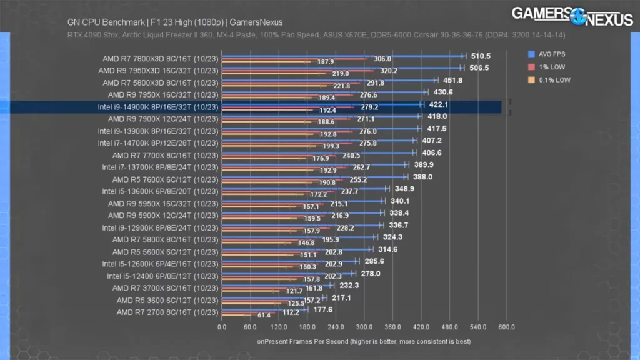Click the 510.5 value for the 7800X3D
click(x=479, y=56)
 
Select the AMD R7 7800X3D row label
click(x=161, y=59)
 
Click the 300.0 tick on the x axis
click(x=364, y=327)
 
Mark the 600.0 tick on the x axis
click(x=507, y=327)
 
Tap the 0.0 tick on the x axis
click(x=222, y=327)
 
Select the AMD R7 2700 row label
click(x=166, y=312)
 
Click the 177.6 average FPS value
click(x=322, y=309)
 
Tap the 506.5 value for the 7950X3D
click(x=476, y=68)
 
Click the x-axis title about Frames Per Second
click(x=364, y=342)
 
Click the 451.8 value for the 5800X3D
click(x=452, y=80)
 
